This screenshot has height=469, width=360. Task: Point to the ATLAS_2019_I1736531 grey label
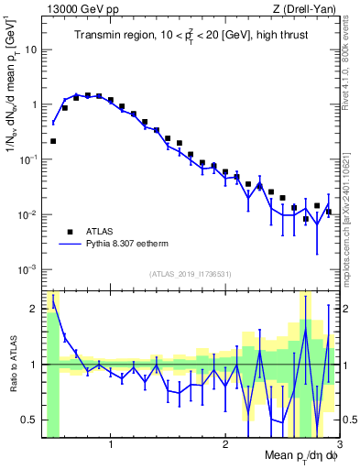(191, 274)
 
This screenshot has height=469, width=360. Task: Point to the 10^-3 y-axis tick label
(27, 269)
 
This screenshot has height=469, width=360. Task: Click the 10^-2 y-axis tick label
(27, 214)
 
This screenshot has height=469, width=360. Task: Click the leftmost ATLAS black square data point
(53, 141)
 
